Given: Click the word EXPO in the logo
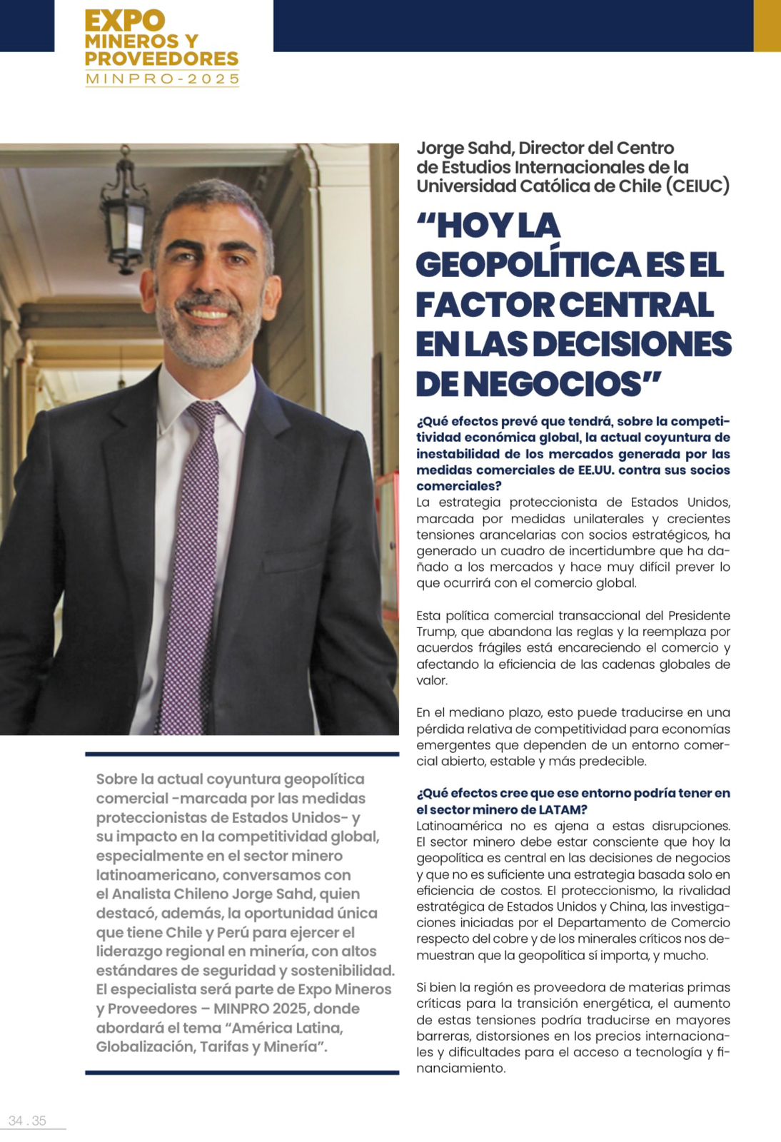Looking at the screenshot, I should pos(125,21).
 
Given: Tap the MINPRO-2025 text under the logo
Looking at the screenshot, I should pos(162,79).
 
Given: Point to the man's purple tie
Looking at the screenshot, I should pos(190,564).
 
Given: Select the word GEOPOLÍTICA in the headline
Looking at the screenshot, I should pos(529,266).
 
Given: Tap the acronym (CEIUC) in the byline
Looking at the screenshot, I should pos(697,186).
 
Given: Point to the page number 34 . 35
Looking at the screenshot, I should pos(27,1121).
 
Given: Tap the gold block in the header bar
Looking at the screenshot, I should pos(767,26).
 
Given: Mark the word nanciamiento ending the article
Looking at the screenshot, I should pos(460,1068).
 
